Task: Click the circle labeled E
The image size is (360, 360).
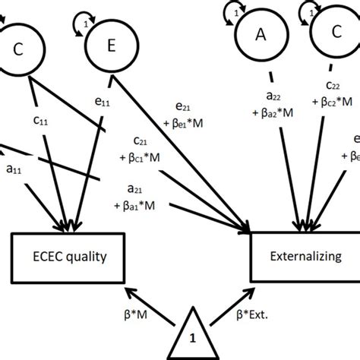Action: (x=112, y=46)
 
